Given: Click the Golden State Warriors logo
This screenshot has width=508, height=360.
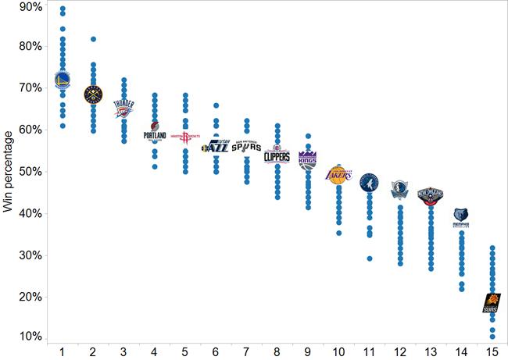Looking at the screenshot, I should click(63, 79).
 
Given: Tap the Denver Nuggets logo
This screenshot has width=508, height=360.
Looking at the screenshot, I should click(93, 94).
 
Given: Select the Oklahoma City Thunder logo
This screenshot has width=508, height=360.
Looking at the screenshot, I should click(123, 108).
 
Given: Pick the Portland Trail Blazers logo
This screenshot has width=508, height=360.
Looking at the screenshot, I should click(155, 132).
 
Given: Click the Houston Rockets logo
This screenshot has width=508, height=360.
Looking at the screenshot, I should click(185, 137).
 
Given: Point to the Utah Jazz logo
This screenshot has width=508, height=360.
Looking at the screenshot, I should click(216, 145).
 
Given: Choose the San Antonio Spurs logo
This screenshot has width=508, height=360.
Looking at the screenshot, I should click(246, 146).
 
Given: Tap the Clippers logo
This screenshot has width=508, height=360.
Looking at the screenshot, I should click(277, 155).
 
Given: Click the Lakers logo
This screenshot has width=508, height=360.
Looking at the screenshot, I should click(338, 174).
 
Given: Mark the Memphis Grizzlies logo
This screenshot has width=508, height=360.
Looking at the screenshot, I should click(461, 218).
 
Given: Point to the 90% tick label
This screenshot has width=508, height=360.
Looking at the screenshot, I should click(31, 7).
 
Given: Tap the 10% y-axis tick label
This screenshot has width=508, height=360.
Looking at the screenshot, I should click(31, 337).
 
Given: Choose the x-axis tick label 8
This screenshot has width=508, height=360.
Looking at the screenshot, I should click(277, 351).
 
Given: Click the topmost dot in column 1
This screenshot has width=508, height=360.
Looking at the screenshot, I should click(63, 9).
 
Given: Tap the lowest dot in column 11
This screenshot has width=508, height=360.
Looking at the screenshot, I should click(369, 258).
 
